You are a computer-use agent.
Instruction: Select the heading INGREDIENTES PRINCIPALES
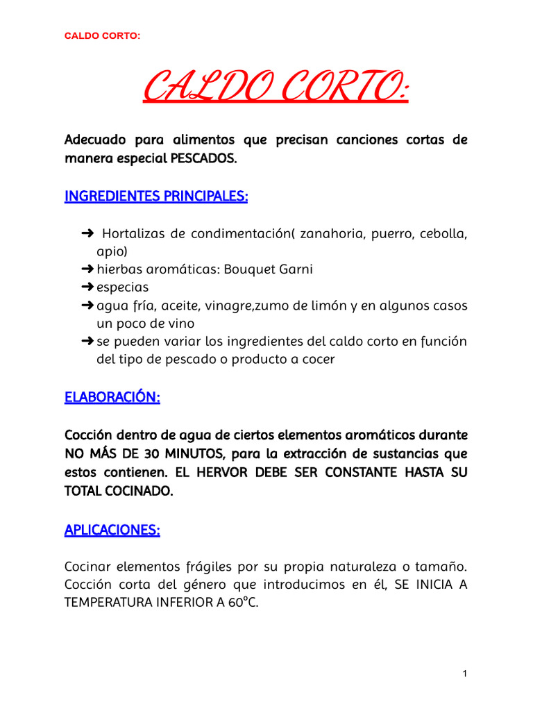156,196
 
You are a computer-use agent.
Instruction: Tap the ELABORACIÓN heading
112,397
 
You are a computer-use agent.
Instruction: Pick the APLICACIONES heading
112,530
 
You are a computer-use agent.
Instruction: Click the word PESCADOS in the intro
203,158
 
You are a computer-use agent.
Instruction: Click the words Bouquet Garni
269,269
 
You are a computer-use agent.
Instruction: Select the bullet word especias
122,287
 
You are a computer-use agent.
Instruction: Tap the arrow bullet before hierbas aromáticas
87,269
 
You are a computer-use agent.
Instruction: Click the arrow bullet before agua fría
87,306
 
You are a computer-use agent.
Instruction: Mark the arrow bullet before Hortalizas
87,233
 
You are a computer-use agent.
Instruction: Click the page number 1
464,674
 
